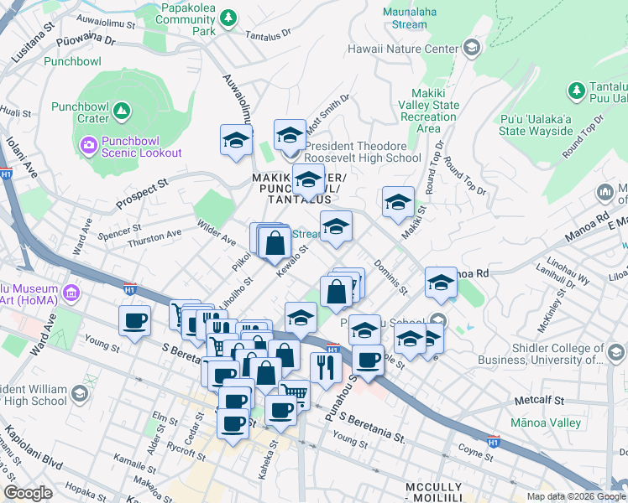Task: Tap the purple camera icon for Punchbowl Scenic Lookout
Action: click(89, 146)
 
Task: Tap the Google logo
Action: click(28, 493)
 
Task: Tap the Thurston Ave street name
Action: click(154, 239)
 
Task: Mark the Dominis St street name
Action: click(390, 279)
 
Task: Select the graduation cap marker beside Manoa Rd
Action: click(441, 283)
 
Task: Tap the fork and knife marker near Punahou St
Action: click(324, 366)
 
